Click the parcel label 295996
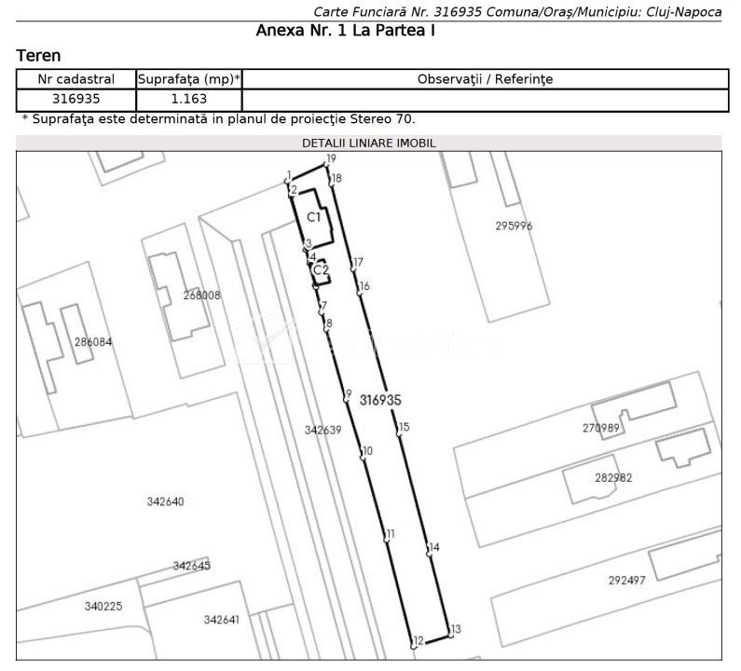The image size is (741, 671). (x=514, y=226)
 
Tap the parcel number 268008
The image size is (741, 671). (x=201, y=295)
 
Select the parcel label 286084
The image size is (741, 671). (x=93, y=342)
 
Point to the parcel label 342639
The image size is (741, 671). (x=322, y=430)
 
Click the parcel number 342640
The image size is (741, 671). (x=165, y=501)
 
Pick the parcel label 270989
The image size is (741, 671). (x=600, y=428)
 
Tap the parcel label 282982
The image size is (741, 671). (x=613, y=478)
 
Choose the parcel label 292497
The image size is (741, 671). (x=626, y=581)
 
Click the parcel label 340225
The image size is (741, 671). (x=103, y=607)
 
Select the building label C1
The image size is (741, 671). (x=314, y=217)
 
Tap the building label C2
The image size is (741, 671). (x=321, y=270)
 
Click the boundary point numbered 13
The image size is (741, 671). (x=450, y=635)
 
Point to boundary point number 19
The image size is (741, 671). (x=326, y=164)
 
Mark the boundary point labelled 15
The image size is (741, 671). (x=399, y=432)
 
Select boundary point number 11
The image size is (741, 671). (x=386, y=539)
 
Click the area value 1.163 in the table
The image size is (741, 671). (x=189, y=99)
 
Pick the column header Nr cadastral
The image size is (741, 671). (x=76, y=79)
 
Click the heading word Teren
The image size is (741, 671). (x=39, y=56)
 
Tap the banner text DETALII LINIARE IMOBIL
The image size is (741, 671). (x=368, y=144)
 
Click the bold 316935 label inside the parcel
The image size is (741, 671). (x=380, y=400)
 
